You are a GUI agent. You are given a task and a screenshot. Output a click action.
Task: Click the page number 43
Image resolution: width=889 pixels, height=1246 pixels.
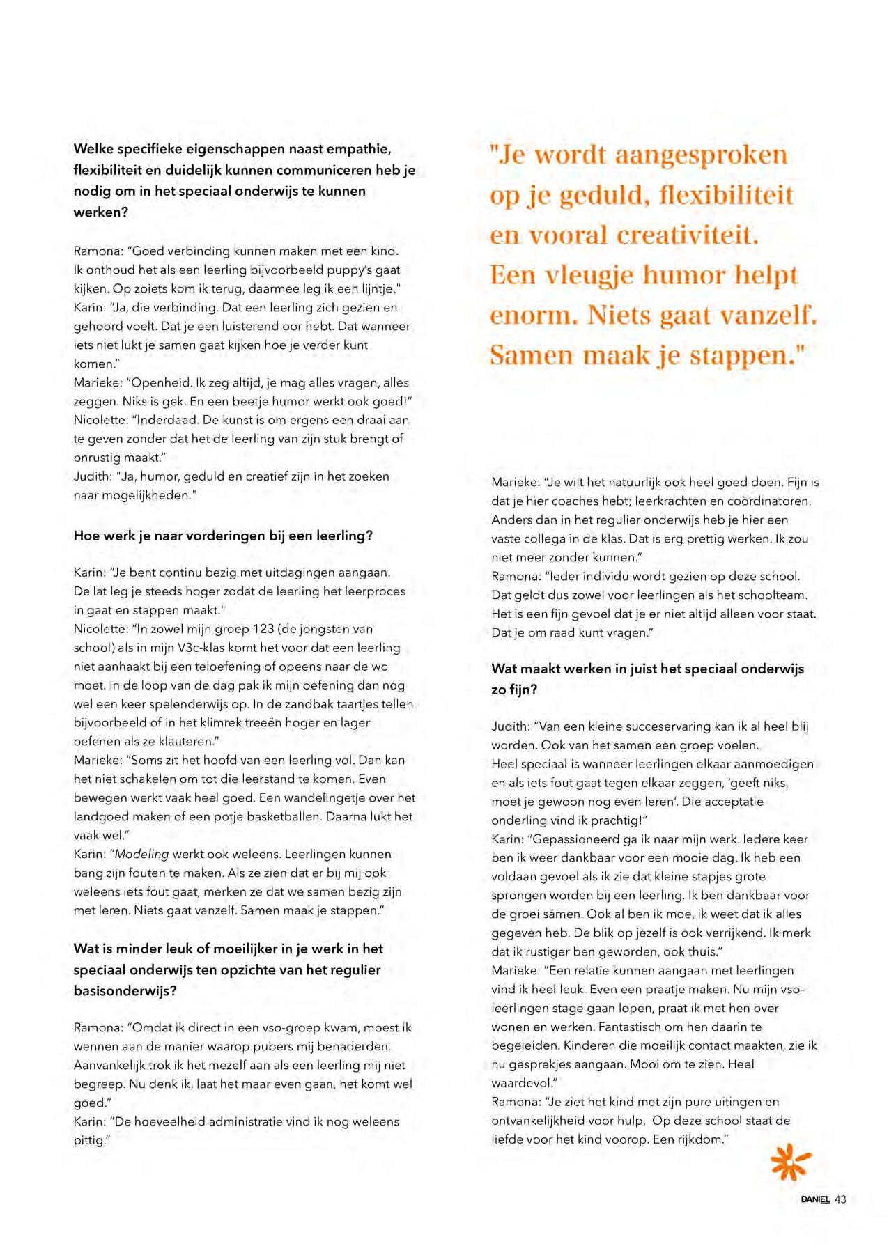pos(840,1199)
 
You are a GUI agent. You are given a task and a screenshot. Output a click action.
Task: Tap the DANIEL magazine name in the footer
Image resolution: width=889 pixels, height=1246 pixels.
pos(815,1199)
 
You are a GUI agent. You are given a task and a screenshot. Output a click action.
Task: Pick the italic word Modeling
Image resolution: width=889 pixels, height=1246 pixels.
pos(141,854)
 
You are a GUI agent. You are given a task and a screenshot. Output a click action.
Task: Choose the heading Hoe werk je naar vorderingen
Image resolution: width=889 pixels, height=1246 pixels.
pos(223,536)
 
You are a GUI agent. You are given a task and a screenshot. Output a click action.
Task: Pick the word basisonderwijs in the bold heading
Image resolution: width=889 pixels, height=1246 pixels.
pos(125,991)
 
